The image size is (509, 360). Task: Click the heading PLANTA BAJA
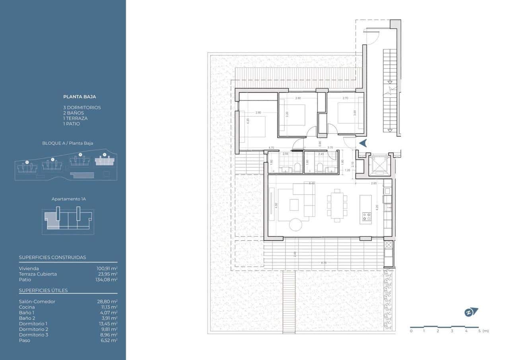click(80, 97)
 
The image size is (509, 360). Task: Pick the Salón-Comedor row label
click(37, 302)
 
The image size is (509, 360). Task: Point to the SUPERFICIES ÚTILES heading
click(43, 290)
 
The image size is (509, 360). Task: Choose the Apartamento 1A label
click(69, 199)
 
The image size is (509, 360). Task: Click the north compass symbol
click(471, 312)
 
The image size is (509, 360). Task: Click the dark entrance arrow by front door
click(363, 143)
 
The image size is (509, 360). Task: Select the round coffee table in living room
click(295, 225)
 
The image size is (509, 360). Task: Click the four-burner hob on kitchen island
click(366, 217)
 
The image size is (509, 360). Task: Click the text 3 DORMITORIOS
click(82, 107)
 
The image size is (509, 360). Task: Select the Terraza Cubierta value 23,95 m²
click(108, 274)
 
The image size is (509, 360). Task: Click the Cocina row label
click(27, 307)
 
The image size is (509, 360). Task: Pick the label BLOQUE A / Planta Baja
click(68, 143)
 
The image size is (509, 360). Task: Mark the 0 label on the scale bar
click(411, 331)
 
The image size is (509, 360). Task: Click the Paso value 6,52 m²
click(108, 341)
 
